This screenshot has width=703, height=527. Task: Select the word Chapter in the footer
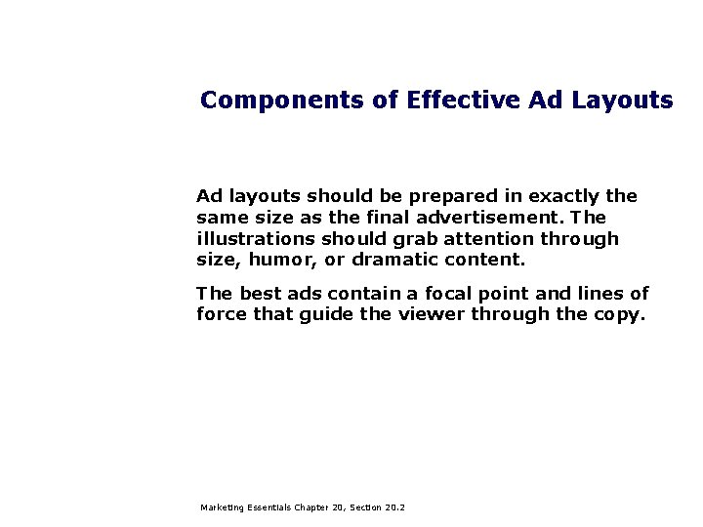313,508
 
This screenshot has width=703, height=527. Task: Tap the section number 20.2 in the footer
395,508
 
